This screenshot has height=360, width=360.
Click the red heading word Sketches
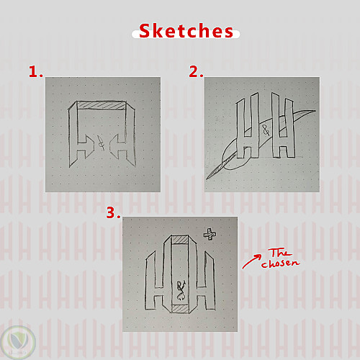[186, 31]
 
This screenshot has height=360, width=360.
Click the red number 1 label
[35, 71]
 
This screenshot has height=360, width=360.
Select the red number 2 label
[196, 71]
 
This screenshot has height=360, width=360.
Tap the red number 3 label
[113, 212]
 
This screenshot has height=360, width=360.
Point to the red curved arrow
[251, 261]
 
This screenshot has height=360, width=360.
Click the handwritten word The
[280, 253]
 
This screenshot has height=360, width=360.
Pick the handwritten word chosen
[280, 264]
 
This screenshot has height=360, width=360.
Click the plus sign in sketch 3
[210, 234]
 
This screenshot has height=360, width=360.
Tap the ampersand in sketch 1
[101, 143]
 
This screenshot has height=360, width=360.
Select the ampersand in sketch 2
[265, 130]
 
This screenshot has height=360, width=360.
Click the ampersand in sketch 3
[181, 290]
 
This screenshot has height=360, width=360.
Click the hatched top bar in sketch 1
[101, 106]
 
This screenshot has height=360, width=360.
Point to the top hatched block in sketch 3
[180, 240]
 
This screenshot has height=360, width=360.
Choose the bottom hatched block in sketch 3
[180, 309]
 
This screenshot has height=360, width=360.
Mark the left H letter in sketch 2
[248, 126]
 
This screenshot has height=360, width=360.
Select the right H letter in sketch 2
[283, 125]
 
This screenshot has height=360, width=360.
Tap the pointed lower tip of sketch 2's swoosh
[207, 179]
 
